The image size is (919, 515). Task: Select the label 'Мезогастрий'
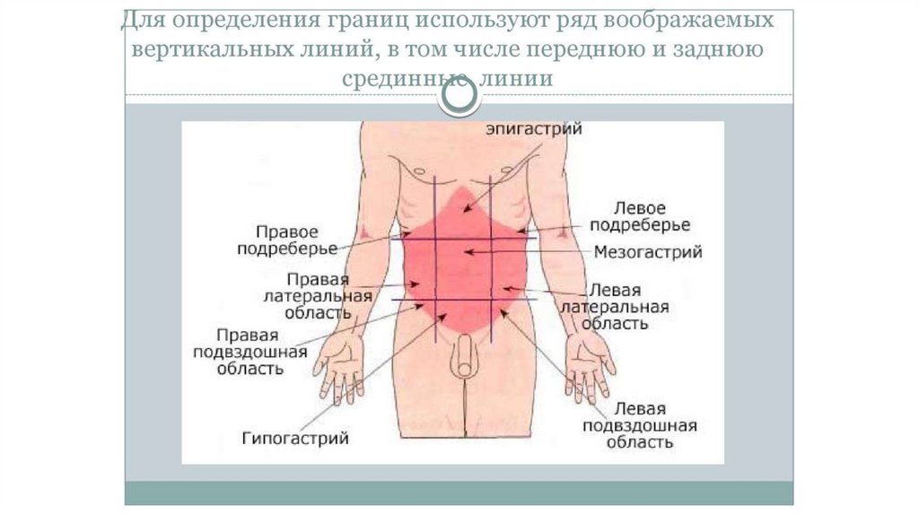648,253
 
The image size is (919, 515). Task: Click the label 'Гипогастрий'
294,439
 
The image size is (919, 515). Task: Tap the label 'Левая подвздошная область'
640,424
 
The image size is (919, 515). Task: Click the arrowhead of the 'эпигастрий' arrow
464,211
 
